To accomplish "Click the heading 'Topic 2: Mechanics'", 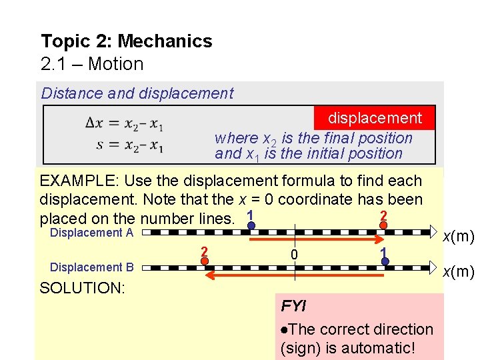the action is point(126,41).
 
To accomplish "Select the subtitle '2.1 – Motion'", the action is point(92,64).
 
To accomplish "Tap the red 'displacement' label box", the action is point(375,118).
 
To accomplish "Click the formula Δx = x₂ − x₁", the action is point(125,123).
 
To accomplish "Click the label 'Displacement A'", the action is point(92,233).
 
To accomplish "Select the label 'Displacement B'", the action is point(92,267).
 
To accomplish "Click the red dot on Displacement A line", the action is point(383,225).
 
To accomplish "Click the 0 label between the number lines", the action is point(294,255).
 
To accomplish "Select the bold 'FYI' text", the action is point(293,306).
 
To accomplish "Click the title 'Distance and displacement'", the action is point(137,93).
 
